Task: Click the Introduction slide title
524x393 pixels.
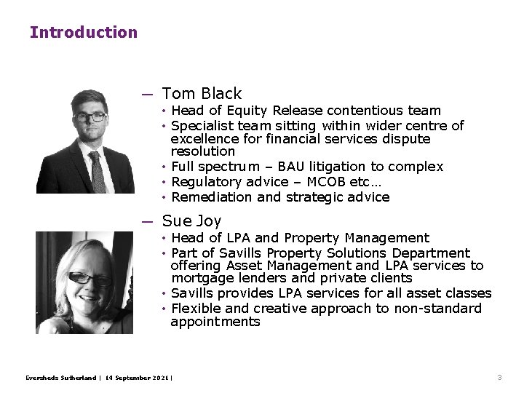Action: (x=83, y=32)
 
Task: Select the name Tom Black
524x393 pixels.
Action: (x=202, y=94)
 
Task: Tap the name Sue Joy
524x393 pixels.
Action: (x=192, y=221)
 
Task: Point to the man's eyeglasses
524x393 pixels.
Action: (x=92, y=116)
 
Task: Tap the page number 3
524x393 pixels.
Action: (x=499, y=378)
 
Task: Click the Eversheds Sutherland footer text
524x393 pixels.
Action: (x=60, y=378)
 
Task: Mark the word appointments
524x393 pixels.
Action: (x=215, y=322)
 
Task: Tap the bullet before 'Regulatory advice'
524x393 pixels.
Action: (x=165, y=182)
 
